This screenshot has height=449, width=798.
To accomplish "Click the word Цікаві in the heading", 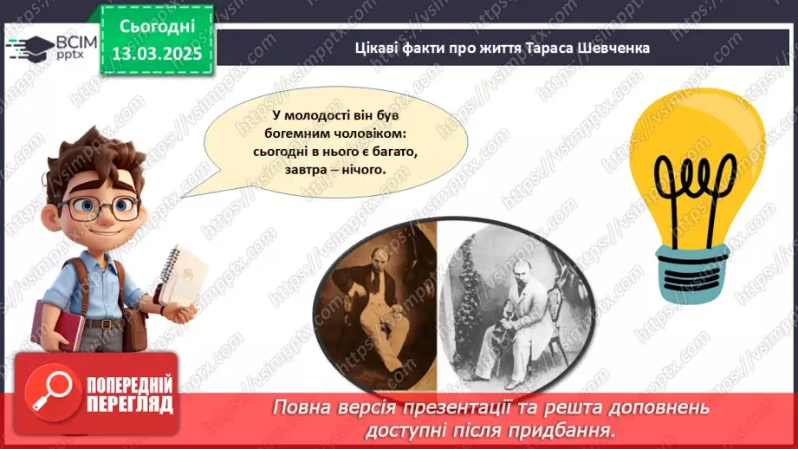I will point(377,48).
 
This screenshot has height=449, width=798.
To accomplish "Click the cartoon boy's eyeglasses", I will point(99,207).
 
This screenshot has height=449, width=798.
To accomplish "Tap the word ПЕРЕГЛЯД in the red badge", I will point(129,405).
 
